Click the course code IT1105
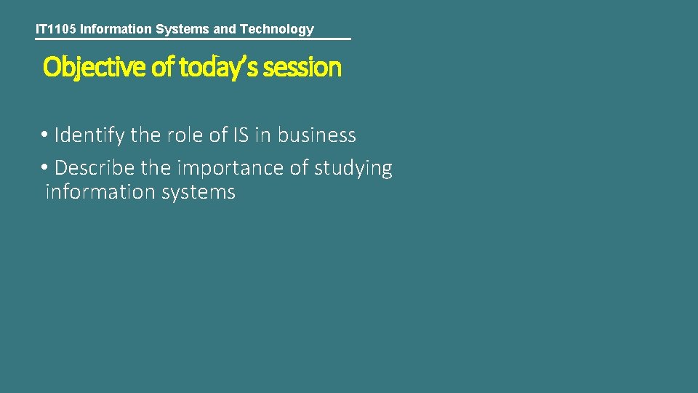pyautogui.click(x=56, y=29)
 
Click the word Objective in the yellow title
pyautogui.click(x=95, y=67)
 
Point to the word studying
pyautogui.click(x=353, y=168)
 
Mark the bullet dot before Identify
pyautogui.click(x=45, y=135)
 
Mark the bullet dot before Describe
pyautogui.click(x=45, y=168)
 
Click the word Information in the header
pyautogui.click(x=116, y=29)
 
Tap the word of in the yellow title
pyautogui.click(x=163, y=67)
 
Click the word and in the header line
pyautogui.click(x=226, y=29)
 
